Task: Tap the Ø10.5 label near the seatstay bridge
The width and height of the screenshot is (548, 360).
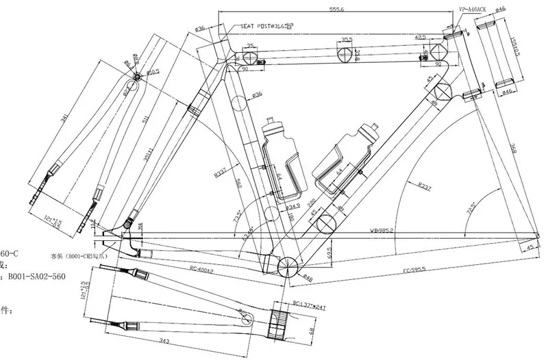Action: click(152, 71)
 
